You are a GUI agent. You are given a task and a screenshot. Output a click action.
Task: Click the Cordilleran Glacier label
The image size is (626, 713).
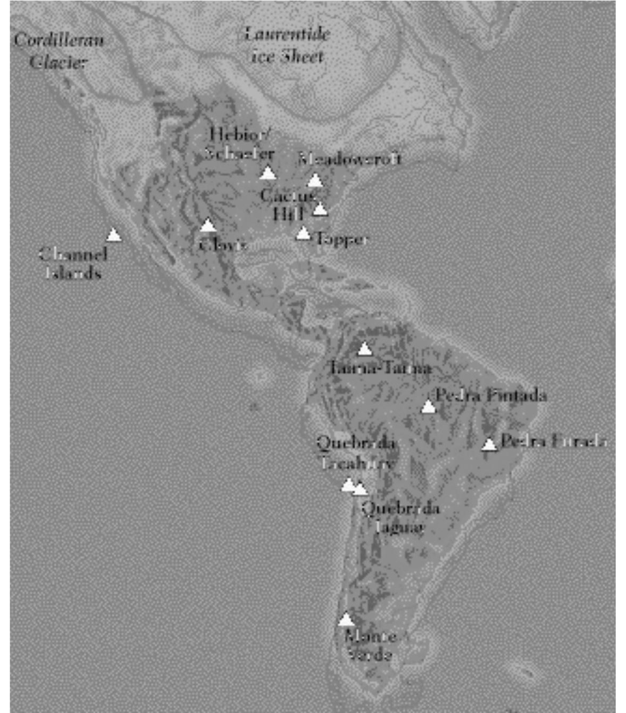coord(59,51)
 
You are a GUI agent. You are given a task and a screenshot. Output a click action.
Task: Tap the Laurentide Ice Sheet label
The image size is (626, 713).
coord(287,45)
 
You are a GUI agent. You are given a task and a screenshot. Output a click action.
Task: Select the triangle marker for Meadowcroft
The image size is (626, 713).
coord(315,181)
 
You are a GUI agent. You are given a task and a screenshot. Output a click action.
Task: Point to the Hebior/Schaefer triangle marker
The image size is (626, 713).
coord(268,173)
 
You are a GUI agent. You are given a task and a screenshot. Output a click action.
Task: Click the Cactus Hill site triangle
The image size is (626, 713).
coord(320,209)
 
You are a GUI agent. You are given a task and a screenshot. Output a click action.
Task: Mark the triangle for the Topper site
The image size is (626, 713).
coord(303,233)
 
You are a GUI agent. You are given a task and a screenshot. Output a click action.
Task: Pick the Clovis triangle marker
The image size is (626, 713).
coord(208,226)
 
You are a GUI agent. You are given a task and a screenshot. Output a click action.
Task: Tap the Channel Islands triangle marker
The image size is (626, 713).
coord(113,235)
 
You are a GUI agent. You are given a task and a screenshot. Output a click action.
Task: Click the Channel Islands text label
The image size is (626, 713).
coord(73,263)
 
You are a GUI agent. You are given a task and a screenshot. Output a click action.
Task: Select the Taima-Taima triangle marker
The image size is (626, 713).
coord(364,349)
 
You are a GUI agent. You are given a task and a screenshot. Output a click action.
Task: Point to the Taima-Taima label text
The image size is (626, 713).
coord(380,367)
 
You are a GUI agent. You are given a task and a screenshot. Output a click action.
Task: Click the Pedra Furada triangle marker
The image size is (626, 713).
coord(489,444)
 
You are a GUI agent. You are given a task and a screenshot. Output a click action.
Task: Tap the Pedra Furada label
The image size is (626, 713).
coord(553,441)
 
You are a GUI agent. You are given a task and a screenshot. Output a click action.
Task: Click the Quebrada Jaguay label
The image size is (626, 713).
coord(400,518)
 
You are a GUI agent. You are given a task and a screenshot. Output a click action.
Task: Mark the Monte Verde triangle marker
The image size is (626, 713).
coord(346,619)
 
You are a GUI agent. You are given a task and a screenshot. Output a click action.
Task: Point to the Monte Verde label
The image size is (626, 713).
coord(370,645)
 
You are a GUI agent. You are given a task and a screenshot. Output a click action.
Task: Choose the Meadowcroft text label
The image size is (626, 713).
coord(349,158)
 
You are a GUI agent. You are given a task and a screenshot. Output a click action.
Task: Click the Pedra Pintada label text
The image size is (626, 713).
coord(490,395)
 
